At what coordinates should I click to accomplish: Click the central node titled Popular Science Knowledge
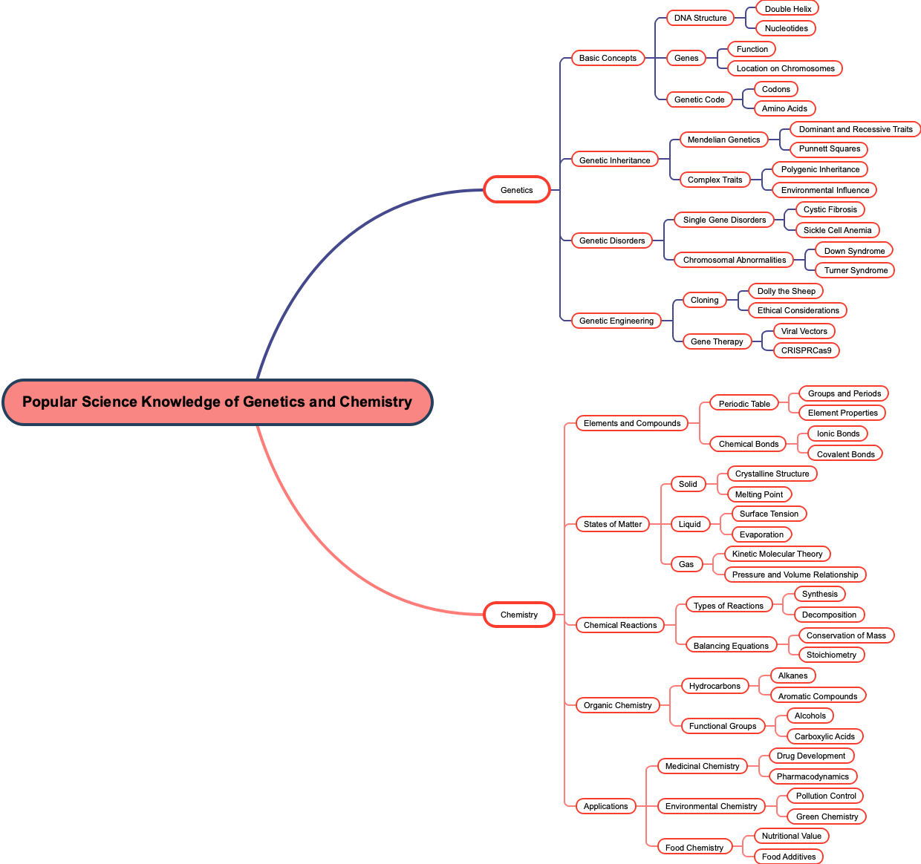click(217, 402)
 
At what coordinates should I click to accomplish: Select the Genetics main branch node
click(517, 190)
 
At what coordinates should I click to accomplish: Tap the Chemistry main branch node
click(518, 615)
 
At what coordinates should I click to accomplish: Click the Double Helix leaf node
click(787, 9)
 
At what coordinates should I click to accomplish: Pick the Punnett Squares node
click(829, 148)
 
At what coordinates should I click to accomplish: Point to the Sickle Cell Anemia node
click(837, 230)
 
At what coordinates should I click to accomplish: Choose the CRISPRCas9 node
click(806, 350)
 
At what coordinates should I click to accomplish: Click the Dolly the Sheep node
click(786, 291)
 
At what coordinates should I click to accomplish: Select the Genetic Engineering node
click(616, 321)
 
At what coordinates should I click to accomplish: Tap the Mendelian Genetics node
click(723, 140)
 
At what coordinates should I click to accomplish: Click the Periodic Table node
click(744, 404)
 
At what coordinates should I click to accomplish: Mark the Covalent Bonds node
click(845, 454)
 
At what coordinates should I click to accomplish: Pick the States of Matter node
click(612, 524)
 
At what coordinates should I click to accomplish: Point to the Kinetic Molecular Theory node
click(777, 554)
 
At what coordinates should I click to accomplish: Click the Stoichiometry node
click(831, 655)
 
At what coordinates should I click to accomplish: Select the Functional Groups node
click(722, 726)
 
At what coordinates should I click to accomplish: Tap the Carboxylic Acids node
click(824, 736)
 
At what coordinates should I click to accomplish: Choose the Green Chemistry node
click(827, 816)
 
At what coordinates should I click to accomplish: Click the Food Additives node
click(788, 857)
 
